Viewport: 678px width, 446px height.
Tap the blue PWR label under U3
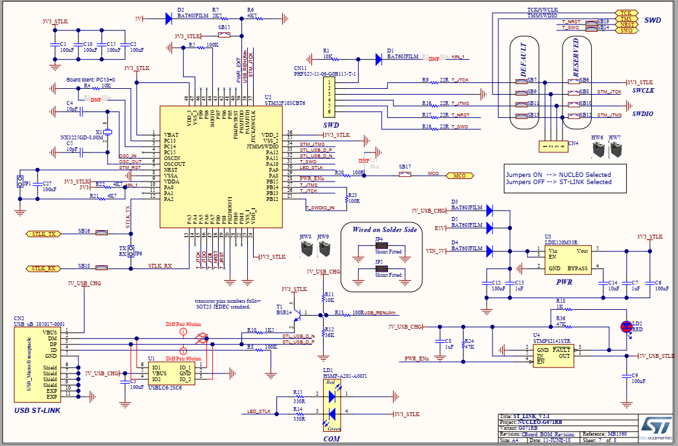pos(563,282)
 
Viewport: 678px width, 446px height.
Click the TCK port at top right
pos(625,13)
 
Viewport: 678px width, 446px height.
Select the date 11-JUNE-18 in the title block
pos(559,441)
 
